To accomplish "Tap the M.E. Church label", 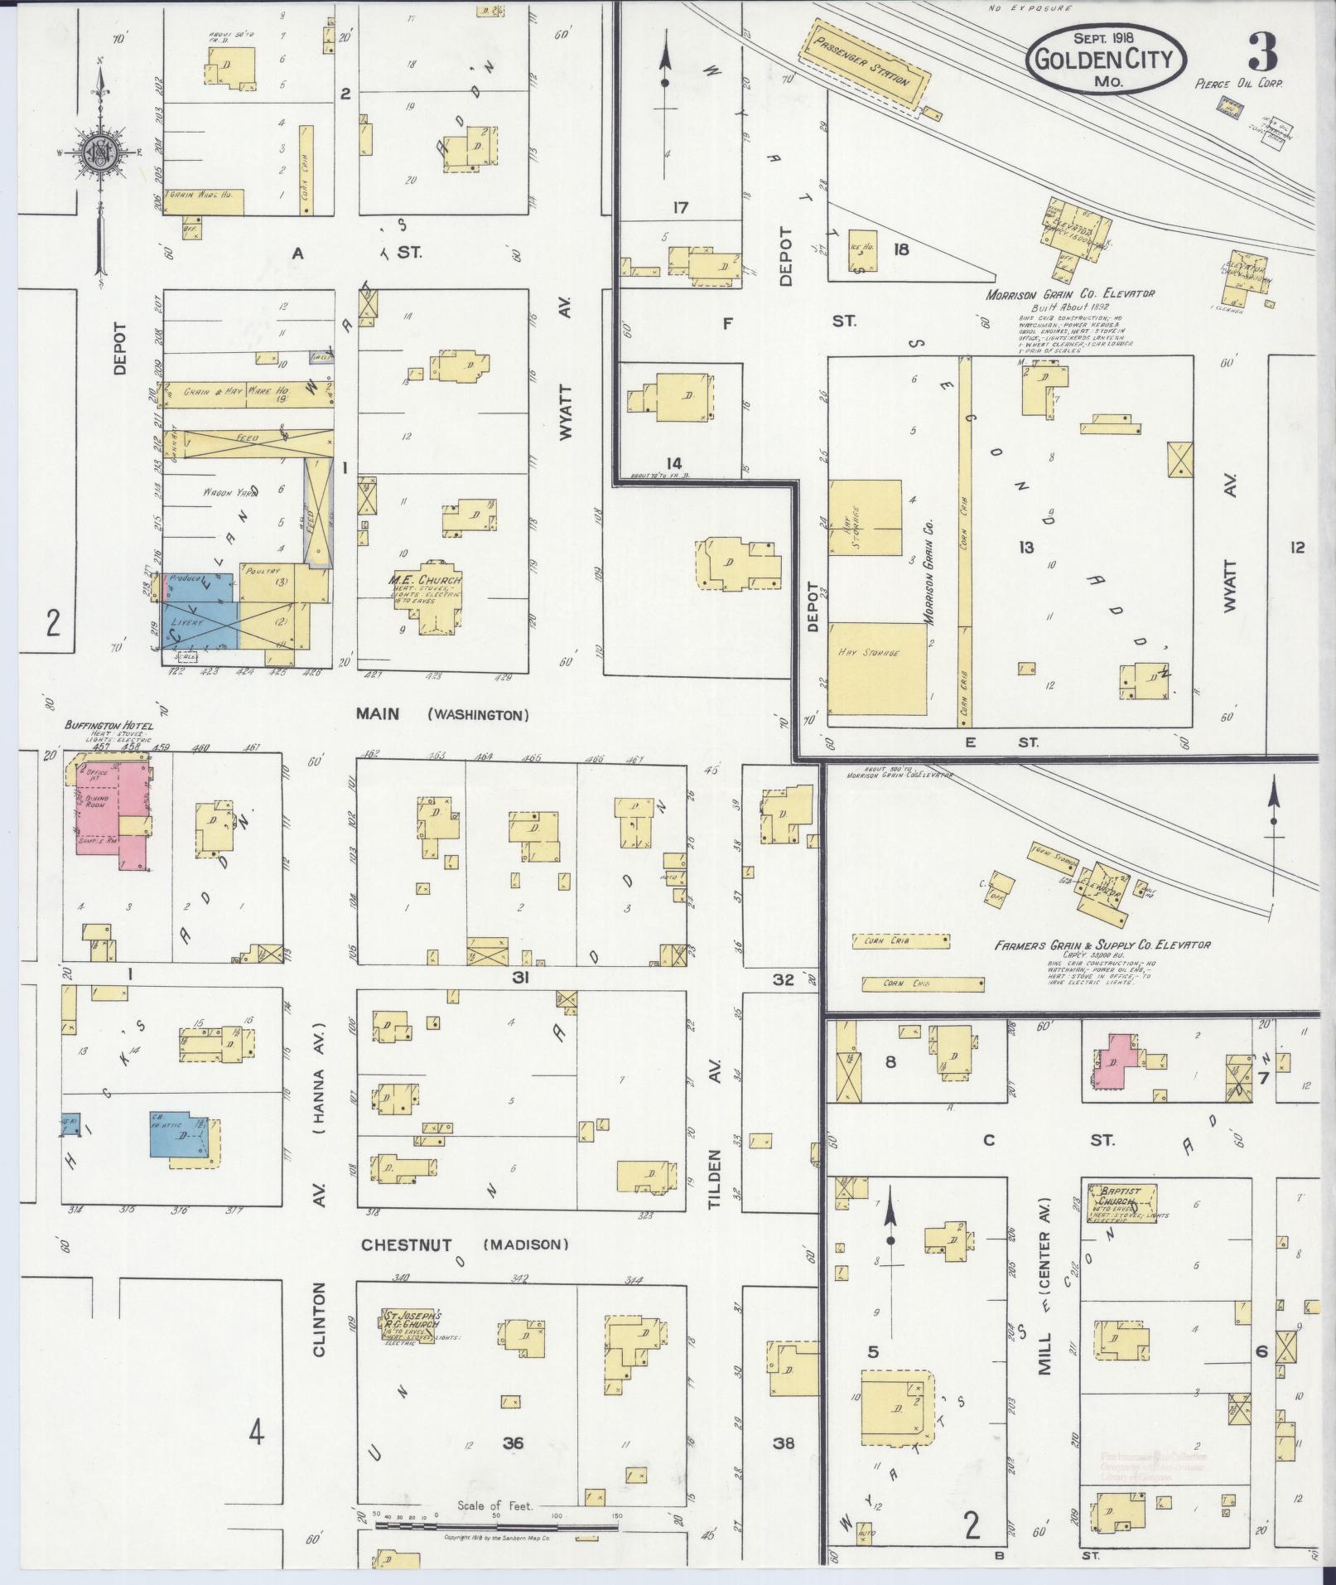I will [425, 580].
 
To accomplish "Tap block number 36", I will [513, 1442].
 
